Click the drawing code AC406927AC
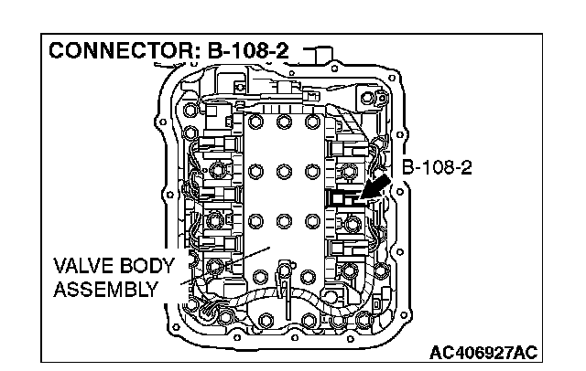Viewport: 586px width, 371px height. pyautogui.click(x=483, y=351)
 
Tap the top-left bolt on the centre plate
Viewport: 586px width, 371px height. pyautogui.click(x=254, y=122)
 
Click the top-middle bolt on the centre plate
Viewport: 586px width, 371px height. pyautogui.click(x=283, y=122)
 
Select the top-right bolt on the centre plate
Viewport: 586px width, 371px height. pyautogui.click(x=311, y=122)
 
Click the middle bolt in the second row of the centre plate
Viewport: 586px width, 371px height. pyautogui.click(x=283, y=170)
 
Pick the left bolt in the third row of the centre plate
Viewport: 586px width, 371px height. pyautogui.click(x=254, y=218)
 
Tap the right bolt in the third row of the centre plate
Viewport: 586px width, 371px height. pyautogui.click(x=311, y=218)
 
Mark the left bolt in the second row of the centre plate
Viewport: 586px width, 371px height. pyautogui.click(x=254, y=170)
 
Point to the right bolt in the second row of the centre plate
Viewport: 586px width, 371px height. pyautogui.click(x=311, y=170)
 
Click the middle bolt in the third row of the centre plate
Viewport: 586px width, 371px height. pyautogui.click(x=283, y=218)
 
